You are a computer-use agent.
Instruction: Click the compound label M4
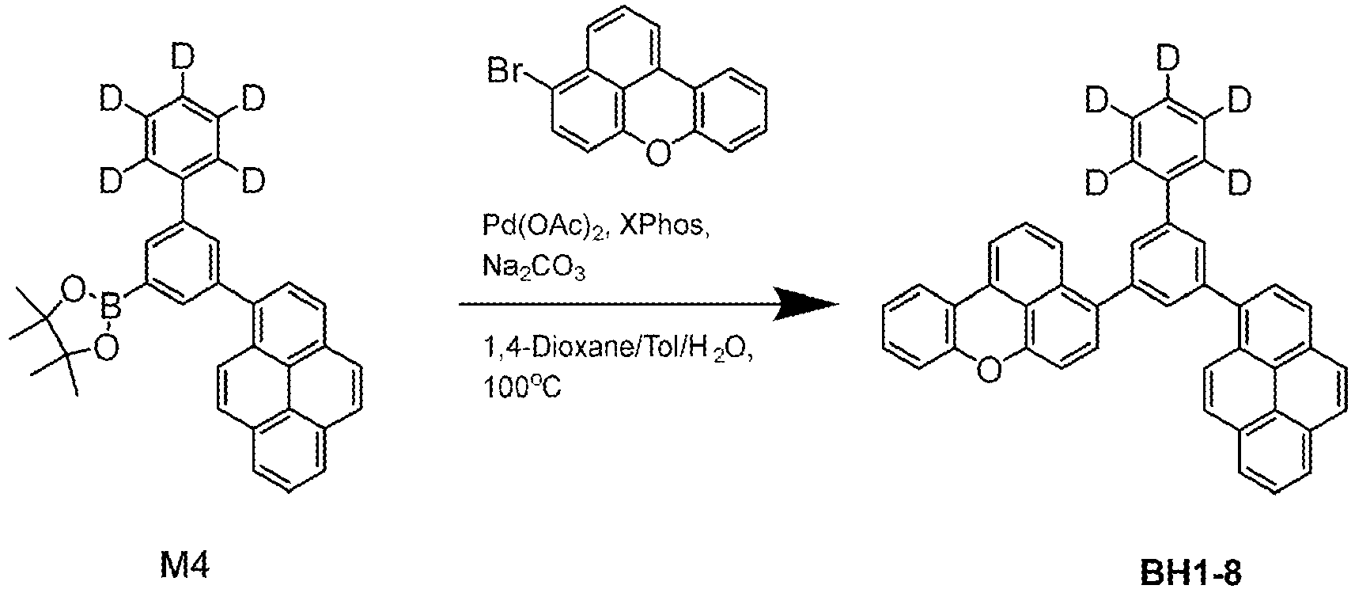click(184, 567)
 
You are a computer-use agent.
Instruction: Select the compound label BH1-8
click(1191, 572)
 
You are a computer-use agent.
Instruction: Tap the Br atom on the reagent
click(505, 73)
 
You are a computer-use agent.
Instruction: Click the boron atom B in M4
click(111, 310)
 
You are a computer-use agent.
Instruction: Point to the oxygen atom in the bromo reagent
click(658, 152)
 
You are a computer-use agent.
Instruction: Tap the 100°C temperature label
click(522, 387)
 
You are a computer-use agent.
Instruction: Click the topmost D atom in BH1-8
click(1168, 59)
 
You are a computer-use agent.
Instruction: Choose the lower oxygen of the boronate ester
click(107, 348)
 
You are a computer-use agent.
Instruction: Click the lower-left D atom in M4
click(112, 180)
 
